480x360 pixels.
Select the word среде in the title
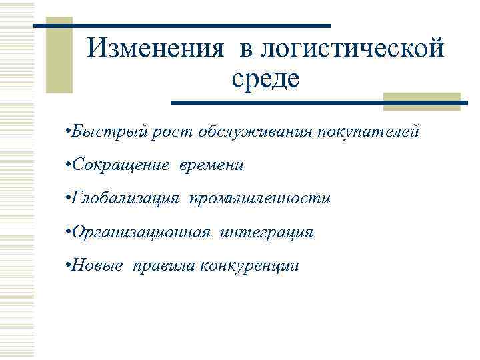(x=266, y=79)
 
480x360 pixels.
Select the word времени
(x=211, y=165)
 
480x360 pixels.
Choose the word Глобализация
(x=126, y=198)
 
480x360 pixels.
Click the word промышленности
(x=259, y=198)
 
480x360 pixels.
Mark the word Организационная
(x=142, y=232)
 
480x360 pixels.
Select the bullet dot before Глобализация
(x=69, y=198)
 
